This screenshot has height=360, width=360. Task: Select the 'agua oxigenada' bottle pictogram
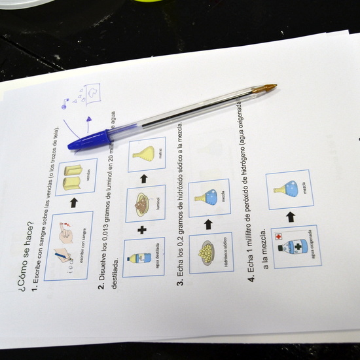(294, 247)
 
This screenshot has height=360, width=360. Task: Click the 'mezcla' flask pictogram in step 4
(288, 189)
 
